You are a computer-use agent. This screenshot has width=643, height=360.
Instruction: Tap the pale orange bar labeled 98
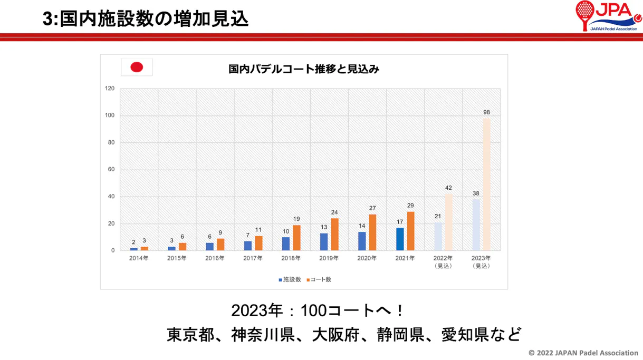(x=486, y=184)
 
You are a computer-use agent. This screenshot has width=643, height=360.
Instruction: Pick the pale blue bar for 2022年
(x=438, y=237)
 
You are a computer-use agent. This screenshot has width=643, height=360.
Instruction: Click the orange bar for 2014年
(x=145, y=248)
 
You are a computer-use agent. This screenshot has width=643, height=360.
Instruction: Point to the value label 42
(x=448, y=188)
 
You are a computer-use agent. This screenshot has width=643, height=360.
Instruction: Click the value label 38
(x=476, y=193)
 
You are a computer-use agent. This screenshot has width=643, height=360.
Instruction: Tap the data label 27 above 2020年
(x=372, y=208)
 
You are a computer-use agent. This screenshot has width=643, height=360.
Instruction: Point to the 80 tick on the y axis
(x=110, y=143)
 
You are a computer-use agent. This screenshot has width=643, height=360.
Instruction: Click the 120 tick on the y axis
(x=110, y=89)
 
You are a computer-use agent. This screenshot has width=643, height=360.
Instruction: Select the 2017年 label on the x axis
(x=253, y=258)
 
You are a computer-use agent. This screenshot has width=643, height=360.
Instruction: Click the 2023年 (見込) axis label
(x=481, y=262)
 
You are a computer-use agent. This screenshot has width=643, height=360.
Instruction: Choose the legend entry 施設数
(x=290, y=279)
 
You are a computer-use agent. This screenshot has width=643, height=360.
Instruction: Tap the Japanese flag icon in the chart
(x=137, y=67)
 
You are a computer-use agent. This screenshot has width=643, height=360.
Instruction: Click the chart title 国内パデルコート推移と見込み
(x=304, y=69)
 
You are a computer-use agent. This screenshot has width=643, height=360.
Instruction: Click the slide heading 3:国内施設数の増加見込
(x=146, y=19)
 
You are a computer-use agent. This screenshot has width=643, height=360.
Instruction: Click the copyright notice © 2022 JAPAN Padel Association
(x=583, y=353)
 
